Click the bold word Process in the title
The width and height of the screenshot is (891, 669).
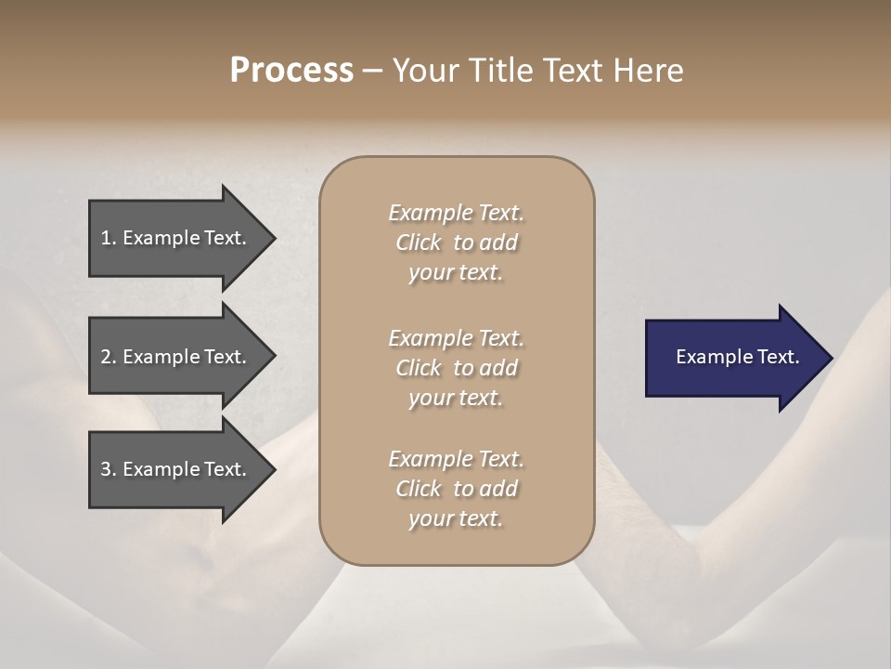tap(291, 71)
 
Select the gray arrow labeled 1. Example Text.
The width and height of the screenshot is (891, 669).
tap(176, 238)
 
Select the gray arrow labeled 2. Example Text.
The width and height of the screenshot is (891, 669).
tap(176, 357)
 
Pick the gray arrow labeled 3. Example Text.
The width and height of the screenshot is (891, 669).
tap(176, 469)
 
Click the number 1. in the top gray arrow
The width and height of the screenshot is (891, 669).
tap(109, 238)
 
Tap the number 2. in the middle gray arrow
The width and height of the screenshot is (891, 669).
tap(109, 357)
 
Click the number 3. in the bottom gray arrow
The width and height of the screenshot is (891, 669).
tap(109, 469)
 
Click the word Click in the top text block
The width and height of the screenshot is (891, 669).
tap(419, 243)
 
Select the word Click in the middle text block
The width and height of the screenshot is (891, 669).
tap(419, 368)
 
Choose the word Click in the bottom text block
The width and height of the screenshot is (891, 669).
tap(419, 489)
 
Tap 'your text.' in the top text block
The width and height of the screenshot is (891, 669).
tap(456, 273)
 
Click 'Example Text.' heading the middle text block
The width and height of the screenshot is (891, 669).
tap(456, 338)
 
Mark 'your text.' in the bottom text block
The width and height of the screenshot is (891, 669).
tap(456, 519)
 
